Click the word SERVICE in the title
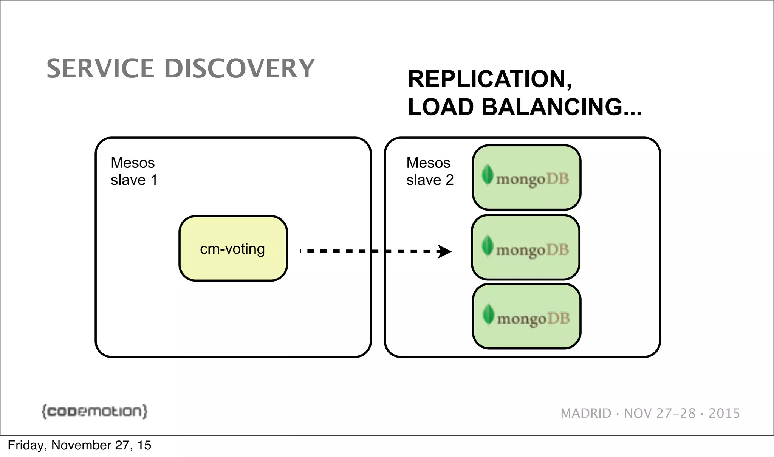point(100,69)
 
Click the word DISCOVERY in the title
point(239,69)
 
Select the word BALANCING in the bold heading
point(552,107)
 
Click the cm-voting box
point(233,248)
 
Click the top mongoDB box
point(526,177)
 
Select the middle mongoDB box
point(525,248)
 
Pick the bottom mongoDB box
point(526,316)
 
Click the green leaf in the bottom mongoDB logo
point(488,314)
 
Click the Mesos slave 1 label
point(133,171)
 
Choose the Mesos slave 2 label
point(430,171)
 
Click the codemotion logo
point(94,411)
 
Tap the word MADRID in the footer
point(586,413)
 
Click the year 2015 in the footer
point(724,413)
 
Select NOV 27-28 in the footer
point(659,413)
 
